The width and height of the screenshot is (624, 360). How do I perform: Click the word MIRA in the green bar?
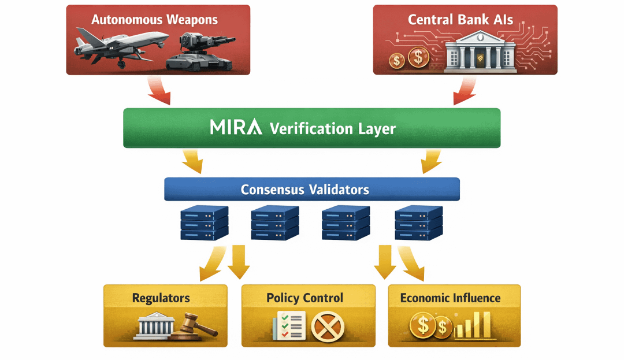[236, 127]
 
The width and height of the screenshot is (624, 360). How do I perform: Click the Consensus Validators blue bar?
[312, 189]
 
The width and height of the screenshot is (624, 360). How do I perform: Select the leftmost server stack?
[204, 223]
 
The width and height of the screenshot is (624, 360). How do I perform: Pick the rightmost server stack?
[418, 223]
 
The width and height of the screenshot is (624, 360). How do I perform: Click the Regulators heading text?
[161, 298]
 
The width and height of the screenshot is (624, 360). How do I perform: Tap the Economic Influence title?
[450, 298]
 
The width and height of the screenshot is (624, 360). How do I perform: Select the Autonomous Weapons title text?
[155, 19]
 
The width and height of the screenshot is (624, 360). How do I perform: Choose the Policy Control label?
[304, 298]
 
